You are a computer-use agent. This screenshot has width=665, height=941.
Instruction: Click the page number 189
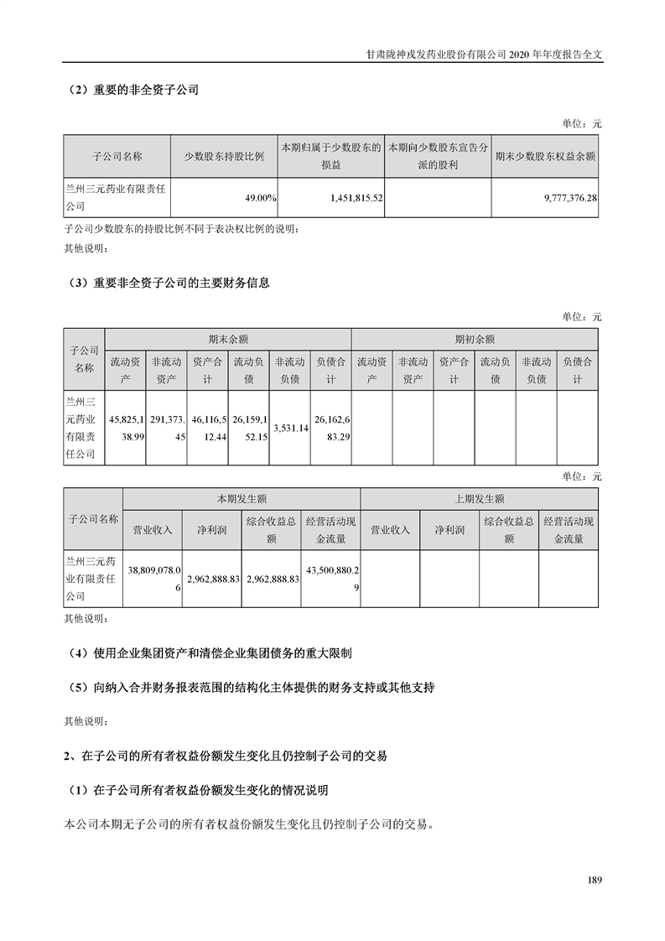tap(595, 880)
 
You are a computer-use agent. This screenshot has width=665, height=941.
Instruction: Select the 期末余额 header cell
tap(228, 339)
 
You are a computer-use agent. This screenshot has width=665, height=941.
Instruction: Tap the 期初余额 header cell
tap(475, 339)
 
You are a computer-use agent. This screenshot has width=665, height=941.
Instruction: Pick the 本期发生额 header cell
tap(242, 498)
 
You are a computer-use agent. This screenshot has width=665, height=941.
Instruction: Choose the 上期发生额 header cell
tap(480, 498)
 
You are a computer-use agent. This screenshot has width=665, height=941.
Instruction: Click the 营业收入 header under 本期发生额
tap(153, 530)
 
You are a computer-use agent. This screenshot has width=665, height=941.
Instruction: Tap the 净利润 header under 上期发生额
tap(449, 530)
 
